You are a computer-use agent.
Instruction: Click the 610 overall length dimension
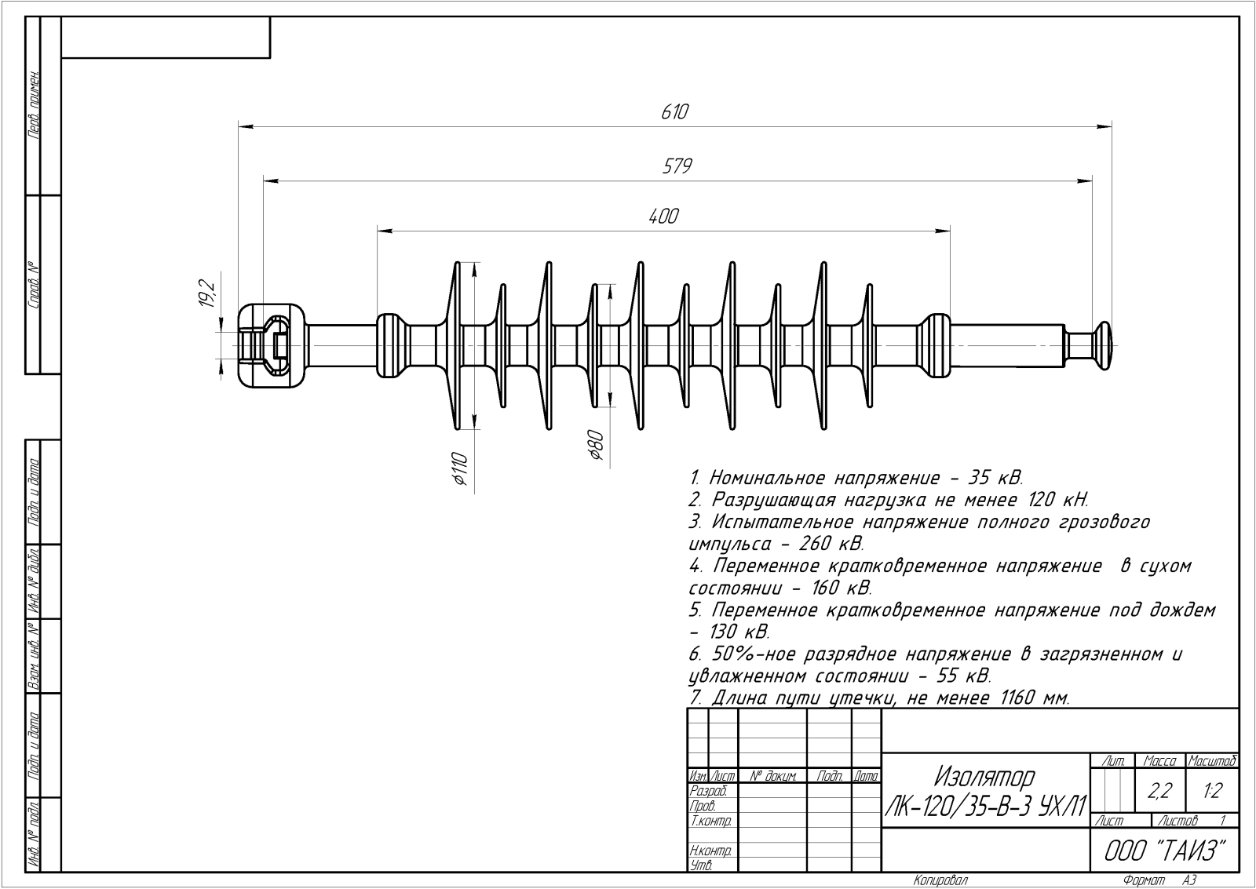(x=674, y=112)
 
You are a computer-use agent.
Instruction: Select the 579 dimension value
(x=676, y=166)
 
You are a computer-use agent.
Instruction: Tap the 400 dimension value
(x=663, y=217)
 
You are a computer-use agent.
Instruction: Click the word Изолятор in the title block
(x=984, y=777)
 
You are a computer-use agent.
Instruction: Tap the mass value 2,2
(x=1159, y=791)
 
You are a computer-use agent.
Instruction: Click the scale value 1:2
(x=1212, y=791)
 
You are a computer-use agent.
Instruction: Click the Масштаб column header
(x=1213, y=760)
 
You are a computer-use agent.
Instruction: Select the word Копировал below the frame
(x=941, y=880)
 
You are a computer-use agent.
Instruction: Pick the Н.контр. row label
(x=711, y=851)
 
